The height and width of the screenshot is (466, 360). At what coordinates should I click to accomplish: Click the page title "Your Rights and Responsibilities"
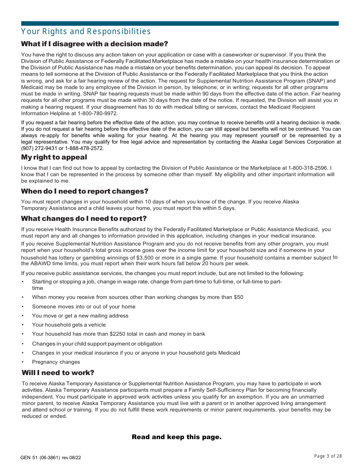pos(86,31)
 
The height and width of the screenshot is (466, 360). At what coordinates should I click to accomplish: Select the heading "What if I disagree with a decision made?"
pos(94,44)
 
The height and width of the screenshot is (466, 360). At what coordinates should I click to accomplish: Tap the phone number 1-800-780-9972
pos(98,113)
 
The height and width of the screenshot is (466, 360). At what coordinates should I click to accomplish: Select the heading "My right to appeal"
pos(54,157)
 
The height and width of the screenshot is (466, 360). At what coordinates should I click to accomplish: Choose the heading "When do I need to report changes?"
pos(85,191)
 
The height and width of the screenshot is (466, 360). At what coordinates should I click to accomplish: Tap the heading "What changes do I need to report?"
pos(84,219)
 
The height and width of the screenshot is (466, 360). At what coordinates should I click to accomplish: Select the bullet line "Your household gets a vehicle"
pos(69,325)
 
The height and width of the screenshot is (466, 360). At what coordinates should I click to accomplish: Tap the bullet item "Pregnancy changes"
pos(56,362)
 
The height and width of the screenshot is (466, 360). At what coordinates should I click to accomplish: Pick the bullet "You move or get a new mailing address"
pos(80,316)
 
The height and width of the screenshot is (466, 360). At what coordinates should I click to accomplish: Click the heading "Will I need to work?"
pos(58,373)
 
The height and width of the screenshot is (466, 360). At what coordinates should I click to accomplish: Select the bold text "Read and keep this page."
pos(177,437)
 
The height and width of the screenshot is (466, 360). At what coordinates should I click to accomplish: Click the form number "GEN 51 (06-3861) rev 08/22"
pos(51,458)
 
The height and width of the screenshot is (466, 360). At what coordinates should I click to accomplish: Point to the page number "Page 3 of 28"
pos(328,456)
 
